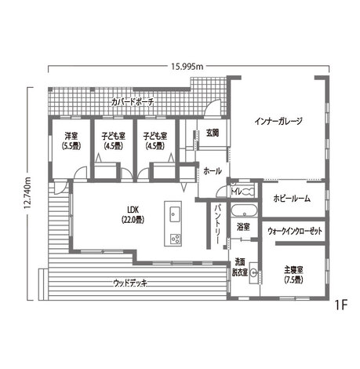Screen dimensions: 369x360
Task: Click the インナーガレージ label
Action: click(x=278, y=121)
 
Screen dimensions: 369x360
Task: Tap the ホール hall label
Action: click(x=212, y=170)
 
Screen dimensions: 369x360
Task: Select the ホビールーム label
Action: click(x=292, y=199)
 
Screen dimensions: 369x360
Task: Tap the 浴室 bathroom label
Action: click(x=243, y=226)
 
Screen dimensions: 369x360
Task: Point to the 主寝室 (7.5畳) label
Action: click(x=293, y=274)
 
